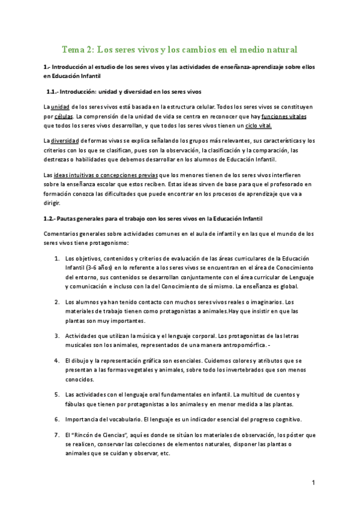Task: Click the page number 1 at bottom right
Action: (313, 482)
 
